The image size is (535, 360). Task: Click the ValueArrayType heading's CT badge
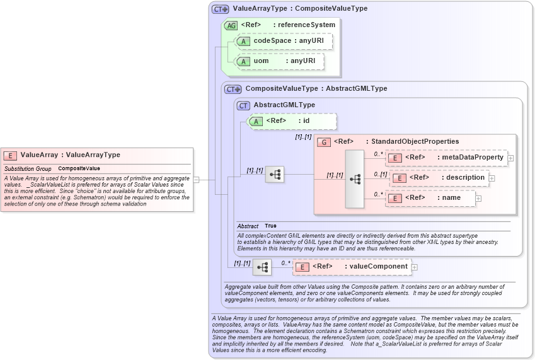[220, 9]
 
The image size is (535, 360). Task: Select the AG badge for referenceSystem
[231, 25]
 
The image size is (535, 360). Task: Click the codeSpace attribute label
[272, 41]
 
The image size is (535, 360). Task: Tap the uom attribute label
[261, 61]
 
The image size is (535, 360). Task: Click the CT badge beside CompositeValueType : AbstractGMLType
[233, 90]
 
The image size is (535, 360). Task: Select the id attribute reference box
[293, 121]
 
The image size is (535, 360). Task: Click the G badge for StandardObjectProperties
[324, 142]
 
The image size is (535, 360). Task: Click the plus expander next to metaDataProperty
[511, 158]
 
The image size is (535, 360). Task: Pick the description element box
[440, 178]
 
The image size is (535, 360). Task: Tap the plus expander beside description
[492, 178]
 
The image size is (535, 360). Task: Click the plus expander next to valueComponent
[415, 267]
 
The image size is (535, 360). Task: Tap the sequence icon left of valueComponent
[262, 267]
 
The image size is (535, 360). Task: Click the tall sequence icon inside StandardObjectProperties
[355, 179]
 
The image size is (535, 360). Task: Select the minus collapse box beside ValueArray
[196, 180]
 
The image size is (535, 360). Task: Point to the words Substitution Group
[28, 169]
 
